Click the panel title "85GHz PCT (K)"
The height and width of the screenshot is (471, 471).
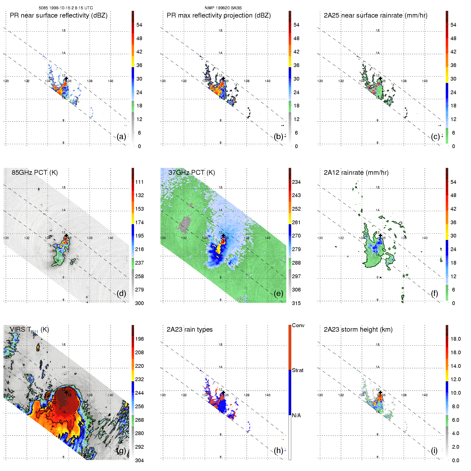click(x=35, y=173)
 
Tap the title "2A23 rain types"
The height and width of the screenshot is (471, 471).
click(x=189, y=330)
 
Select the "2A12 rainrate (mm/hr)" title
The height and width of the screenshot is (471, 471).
click(x=356, y=173)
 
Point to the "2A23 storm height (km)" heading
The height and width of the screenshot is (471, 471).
click(x=358, y=330)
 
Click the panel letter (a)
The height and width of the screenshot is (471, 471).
click(x=121, y=136)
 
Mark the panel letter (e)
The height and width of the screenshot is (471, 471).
click(x=278, y=293)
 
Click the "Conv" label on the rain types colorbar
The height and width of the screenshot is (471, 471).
click(x=298, y=325)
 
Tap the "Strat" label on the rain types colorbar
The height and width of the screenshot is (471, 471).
click(x=298, y=370)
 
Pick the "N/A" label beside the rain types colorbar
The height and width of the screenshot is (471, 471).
click(x=296, y=415)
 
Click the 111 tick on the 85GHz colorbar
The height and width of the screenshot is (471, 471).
click(x=139, y=182)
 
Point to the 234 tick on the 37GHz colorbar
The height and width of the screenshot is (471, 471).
click(x=296, y=182)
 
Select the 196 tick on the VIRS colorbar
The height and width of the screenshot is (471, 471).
click(x=139, y=339)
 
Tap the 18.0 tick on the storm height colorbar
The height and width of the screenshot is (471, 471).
click(x=455, y=339)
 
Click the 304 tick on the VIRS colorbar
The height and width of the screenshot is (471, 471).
click(x=139, y=460)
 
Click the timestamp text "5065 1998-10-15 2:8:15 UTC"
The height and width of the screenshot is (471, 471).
click(x=66, y=8)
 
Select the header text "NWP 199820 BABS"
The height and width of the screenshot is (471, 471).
click(x=223, y=8)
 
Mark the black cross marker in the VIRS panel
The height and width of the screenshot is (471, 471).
click(x=66, y=393)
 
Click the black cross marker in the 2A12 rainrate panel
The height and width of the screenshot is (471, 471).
click(x=380, y=236)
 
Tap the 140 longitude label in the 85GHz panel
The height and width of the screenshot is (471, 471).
click(x=111, y=238)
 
